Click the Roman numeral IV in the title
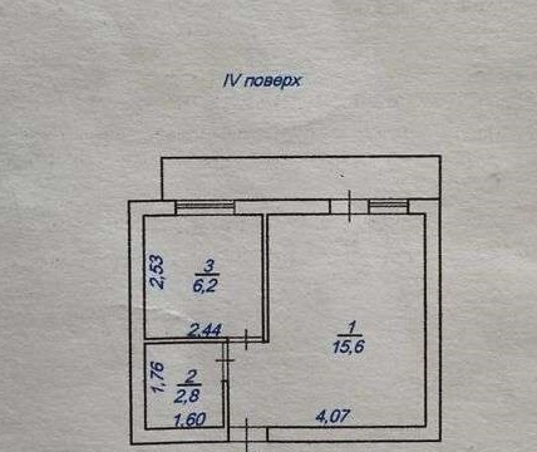(x=232, y=80)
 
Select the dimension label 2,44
(x=206, y=330)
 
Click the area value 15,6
(x=349, y=346)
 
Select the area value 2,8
(x=187, y=396)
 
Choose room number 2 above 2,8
(x=189, y=378)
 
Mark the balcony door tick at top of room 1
(x=350, y=206)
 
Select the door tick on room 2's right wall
(x=226, y=360)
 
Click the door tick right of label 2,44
(x=246, y=340)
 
